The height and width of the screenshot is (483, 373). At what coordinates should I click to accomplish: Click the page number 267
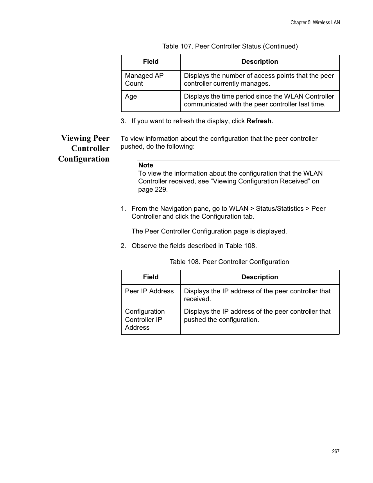(335, 451)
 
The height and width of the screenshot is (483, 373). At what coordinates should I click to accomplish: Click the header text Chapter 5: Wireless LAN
(315, 23)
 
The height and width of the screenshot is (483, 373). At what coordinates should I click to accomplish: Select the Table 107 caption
(230, 46)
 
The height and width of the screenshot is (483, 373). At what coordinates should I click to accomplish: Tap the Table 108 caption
(229, 262)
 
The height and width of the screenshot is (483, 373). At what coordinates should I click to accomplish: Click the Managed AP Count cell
(144, 79)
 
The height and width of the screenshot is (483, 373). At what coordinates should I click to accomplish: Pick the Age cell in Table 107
(131, 97)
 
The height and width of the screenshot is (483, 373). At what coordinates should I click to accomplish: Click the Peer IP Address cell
(149, 291)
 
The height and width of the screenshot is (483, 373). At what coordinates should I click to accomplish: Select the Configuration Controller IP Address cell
(145, 320)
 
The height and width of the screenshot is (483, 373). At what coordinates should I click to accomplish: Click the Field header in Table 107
(151, 62)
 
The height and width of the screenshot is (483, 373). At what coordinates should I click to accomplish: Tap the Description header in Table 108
(260, 277)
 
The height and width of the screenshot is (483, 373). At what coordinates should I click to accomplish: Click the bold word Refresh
(259, 121)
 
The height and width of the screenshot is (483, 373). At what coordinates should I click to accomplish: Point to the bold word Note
(146, 165)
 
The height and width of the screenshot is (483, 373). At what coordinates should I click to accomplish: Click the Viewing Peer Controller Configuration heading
(84, 148)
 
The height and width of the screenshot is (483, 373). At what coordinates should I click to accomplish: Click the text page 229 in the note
(152, 190)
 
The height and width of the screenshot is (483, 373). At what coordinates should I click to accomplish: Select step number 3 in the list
(123, 121)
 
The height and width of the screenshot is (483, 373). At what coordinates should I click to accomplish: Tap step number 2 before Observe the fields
(123, 246)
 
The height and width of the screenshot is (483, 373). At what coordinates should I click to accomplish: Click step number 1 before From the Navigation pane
(123, 209)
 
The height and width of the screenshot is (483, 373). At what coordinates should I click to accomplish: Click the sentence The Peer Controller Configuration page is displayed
(209, 231)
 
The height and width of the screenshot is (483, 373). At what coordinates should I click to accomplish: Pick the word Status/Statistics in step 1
(280, 209)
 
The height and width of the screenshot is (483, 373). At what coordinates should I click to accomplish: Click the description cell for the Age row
(259, 101)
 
